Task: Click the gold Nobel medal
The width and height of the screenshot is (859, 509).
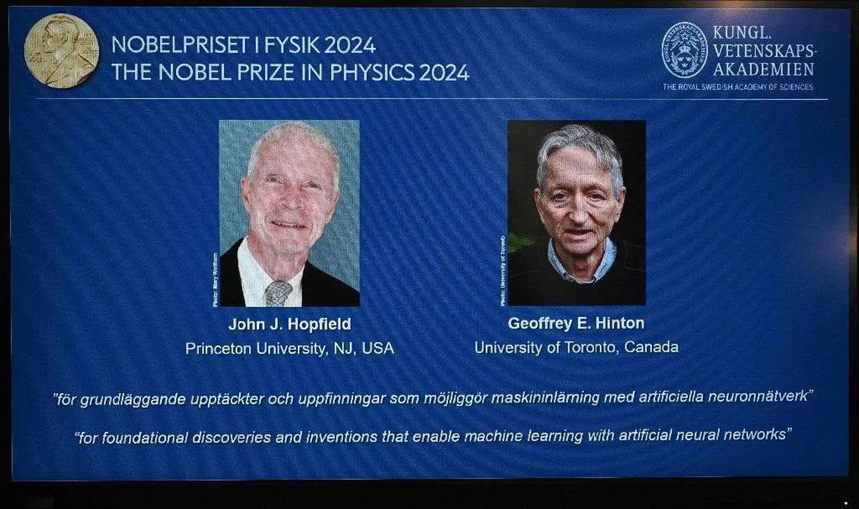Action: pos(61,50)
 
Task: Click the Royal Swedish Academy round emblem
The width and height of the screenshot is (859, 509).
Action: pos(684,49)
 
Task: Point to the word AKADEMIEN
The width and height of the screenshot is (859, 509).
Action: pos(763,69)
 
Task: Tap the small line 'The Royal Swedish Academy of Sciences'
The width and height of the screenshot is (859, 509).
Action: pos(737,87)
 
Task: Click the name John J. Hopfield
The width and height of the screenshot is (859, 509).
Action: pos(290,324)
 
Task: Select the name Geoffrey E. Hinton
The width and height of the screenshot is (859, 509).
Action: pos(576,324)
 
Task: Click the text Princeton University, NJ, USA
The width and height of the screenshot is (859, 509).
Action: pos(290,348)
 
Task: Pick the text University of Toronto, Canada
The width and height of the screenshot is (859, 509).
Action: pos(576,347)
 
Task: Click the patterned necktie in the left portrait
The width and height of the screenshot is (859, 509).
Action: pos(278,293)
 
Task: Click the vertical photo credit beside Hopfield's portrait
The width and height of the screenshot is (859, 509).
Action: pos(215,279)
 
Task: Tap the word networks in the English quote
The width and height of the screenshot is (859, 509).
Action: pos(751,435)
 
